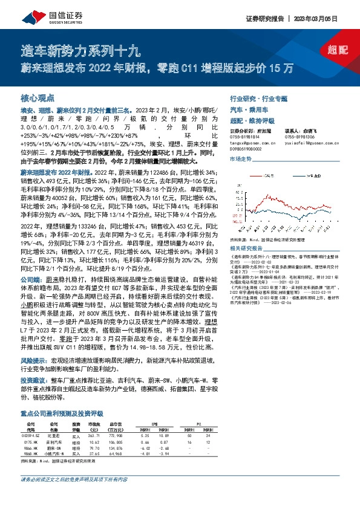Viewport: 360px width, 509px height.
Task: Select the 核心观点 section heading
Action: pos(38,97)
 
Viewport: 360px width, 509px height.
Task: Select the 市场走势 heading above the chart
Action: pos(240,159)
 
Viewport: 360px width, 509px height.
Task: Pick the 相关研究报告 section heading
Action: pos(245,248)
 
